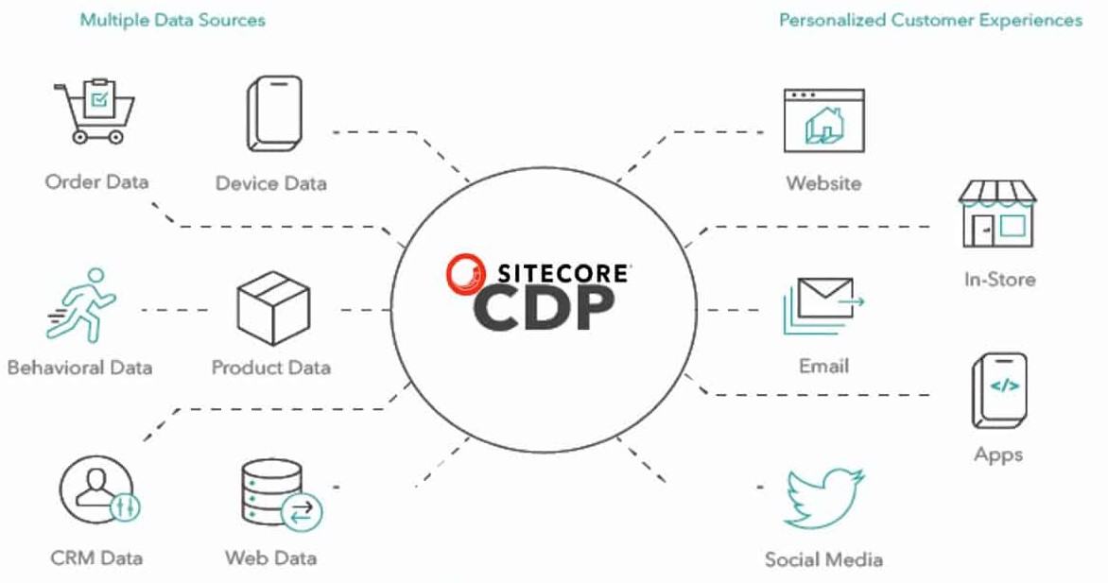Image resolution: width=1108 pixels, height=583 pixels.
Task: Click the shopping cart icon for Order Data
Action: [94, 111]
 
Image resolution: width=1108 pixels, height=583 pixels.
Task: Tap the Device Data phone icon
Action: [274, 112]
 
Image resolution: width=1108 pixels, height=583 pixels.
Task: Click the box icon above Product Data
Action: [273, 308]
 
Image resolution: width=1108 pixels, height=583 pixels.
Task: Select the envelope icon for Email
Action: [822, 305]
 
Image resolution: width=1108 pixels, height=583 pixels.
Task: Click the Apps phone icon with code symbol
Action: [998, 390]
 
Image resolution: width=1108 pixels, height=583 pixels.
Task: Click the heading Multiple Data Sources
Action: [172, 20]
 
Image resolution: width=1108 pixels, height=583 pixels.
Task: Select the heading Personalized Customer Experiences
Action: [930, 20]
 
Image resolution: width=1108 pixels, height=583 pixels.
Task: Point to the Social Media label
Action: [823, 559]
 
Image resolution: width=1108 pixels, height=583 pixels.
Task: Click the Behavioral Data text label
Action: [79, 367]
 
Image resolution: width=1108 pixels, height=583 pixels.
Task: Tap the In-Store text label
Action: [998, 279]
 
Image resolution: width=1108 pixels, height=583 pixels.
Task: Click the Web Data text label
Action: [270, 557]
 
